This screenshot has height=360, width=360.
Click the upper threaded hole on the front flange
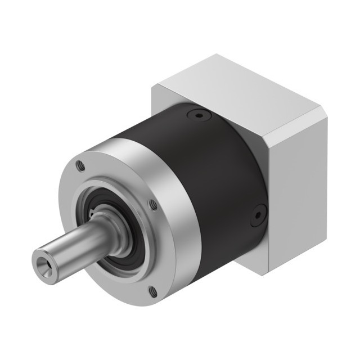pos(81,166)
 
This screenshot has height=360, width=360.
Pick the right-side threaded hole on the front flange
pos(153,205)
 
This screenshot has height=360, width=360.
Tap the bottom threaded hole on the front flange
pos(152,291)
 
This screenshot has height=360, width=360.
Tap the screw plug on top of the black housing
pos(197,115)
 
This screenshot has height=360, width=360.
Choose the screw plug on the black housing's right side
pos(258,215)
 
